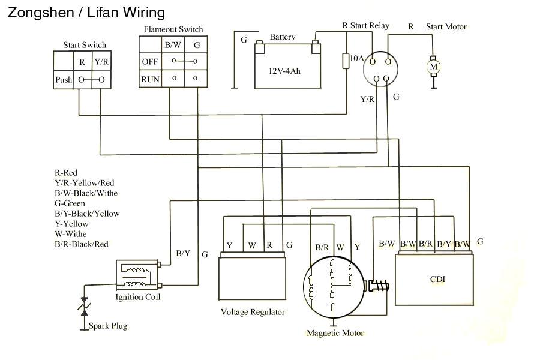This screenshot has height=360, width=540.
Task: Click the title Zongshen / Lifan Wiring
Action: pos(86,12)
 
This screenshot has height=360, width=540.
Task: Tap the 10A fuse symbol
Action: pos(346,61)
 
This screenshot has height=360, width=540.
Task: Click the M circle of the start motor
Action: pos(434,65)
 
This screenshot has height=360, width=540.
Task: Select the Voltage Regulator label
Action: pos(253,312)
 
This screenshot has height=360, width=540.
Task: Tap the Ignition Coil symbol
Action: pos(137,275)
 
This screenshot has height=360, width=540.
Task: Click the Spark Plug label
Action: pos(108,326)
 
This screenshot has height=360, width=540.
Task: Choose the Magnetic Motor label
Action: pos(335,333)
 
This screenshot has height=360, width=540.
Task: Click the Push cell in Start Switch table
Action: pos(64,80)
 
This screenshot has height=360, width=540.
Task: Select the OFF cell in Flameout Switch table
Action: pos(149,62)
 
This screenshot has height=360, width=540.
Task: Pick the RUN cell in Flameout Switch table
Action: pos(149,79)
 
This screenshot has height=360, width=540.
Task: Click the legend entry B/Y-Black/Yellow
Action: pos(87,214)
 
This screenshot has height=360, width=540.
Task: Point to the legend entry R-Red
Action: pos(66,173)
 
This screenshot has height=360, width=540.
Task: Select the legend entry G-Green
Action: pos(71,203)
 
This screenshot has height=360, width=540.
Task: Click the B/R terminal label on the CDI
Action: pos(426,244)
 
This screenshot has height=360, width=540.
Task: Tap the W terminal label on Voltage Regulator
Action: pos(252,245)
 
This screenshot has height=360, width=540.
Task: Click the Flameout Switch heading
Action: pos(173,29)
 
